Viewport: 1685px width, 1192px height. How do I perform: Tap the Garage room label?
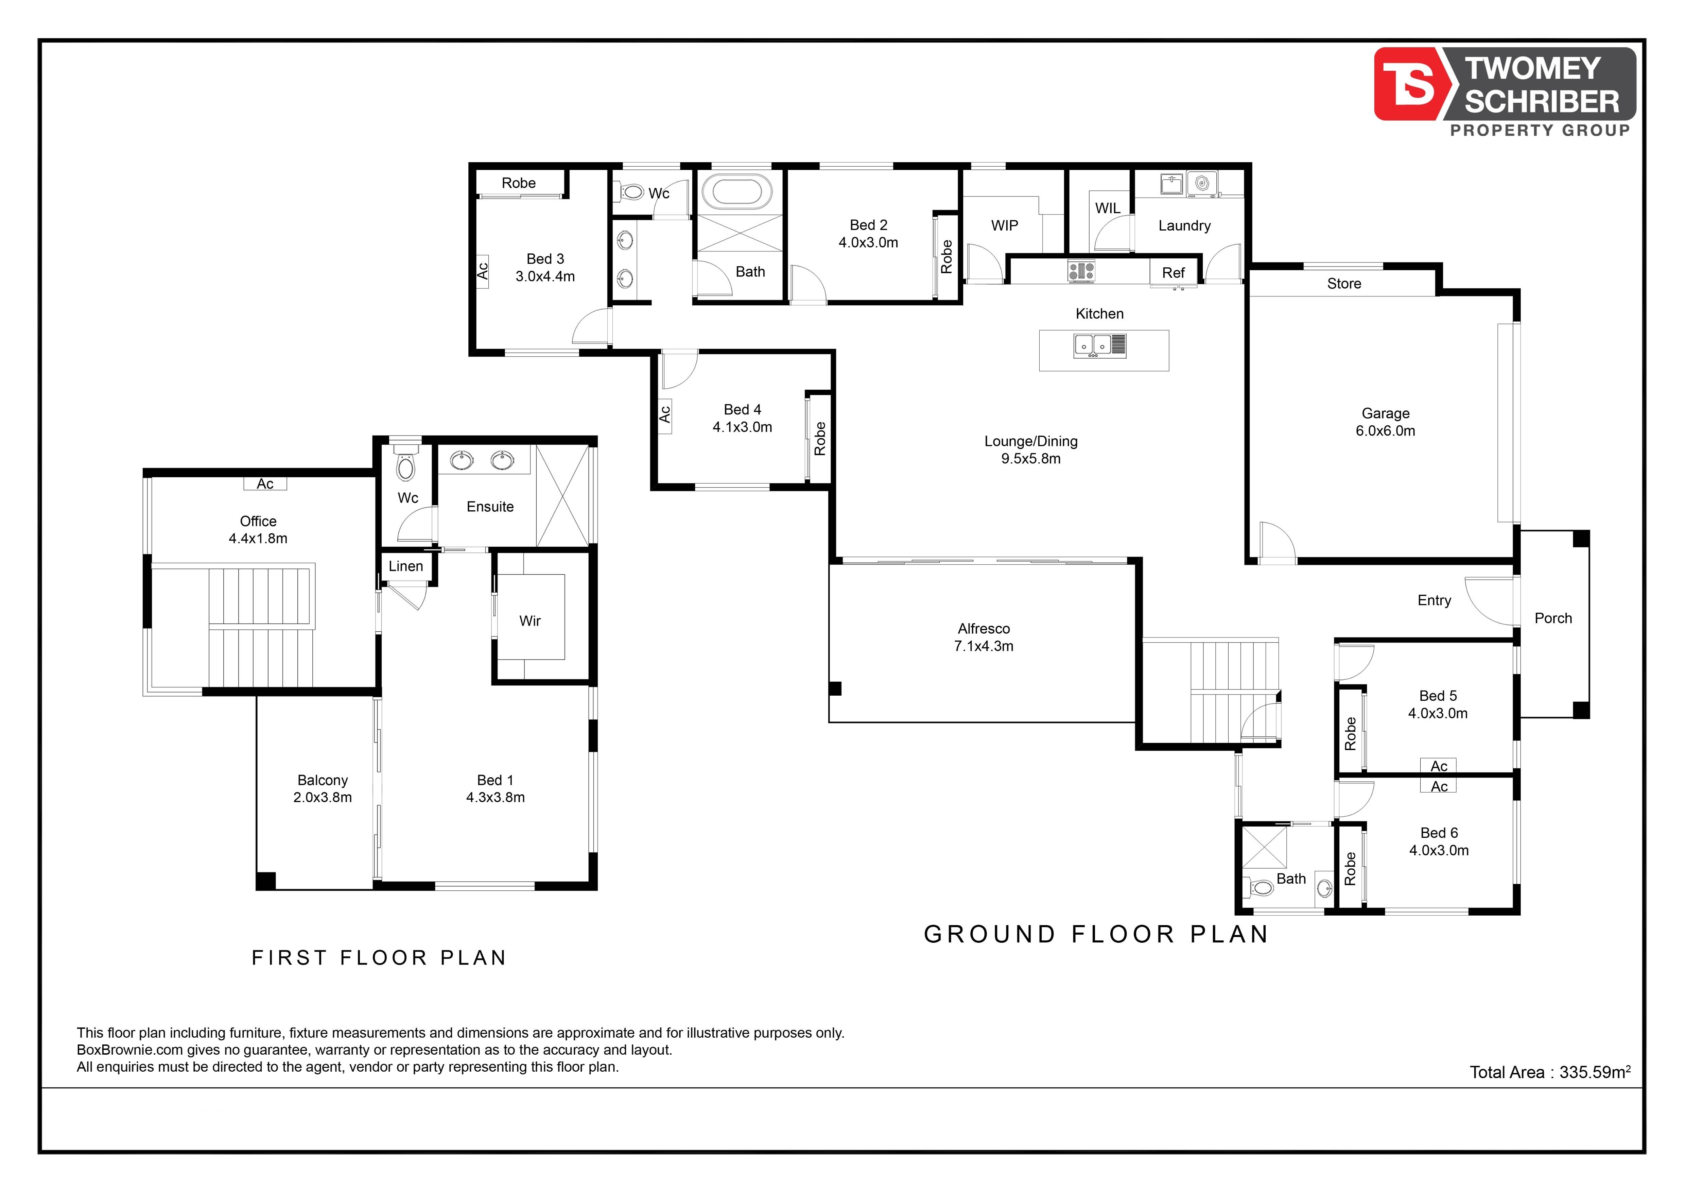pos(1386,413)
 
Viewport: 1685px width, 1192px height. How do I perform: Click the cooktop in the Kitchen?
pos(1081,271)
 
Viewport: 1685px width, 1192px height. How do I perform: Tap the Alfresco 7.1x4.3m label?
pos(984,637)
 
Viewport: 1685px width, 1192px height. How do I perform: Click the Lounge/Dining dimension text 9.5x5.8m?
pos(1031,459)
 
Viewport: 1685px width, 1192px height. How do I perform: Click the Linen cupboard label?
pos(406,566)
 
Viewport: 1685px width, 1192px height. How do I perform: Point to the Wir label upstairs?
pos(530,621)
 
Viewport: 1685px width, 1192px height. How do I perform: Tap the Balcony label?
pos(323,780)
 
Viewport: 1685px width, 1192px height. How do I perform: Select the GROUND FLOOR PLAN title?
pos(1096,934)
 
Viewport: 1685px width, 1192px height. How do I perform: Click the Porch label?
pos(1553,618)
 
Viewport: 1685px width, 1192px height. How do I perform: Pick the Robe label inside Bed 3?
pos(519,183)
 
